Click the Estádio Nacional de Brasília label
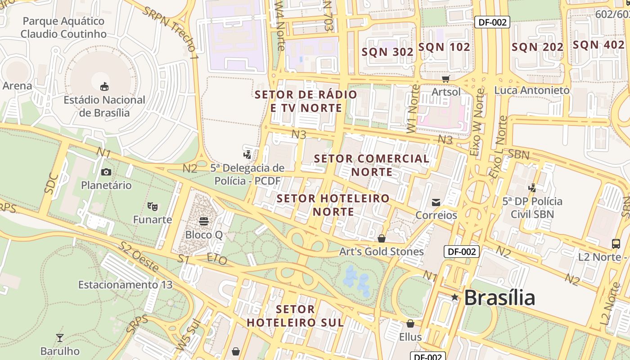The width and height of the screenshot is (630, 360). (x=104, y=106)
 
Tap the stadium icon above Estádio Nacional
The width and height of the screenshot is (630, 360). (x=104, y=86)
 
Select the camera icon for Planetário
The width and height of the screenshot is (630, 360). (x=106, y=172)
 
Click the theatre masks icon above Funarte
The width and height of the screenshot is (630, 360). (x=153, y=207)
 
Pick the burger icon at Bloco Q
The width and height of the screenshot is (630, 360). (x=204, y=221)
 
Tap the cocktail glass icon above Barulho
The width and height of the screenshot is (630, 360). (x=59, y=338)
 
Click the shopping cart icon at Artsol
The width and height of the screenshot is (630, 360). (x=446, y=79)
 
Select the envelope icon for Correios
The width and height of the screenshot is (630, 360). (x=436, y=202)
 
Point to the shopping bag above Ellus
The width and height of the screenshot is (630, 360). (x=410, y=324)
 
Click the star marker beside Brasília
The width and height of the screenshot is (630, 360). (x=455, y=297)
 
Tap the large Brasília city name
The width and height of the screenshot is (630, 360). (x=499, y=298)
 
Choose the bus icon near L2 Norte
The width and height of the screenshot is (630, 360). (x=616, y=244)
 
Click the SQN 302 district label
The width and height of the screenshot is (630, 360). (x=387, y=52)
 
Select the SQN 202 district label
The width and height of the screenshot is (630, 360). (x=537, y=47)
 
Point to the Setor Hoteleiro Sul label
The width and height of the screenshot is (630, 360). (x=295, y=316)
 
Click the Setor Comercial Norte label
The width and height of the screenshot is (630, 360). (x=372, y=165)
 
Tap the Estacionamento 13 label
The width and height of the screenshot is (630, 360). (x=125, y=285)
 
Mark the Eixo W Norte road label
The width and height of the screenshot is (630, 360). (x=477, y=122)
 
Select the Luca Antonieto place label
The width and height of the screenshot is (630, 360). (x=532, y=90)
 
